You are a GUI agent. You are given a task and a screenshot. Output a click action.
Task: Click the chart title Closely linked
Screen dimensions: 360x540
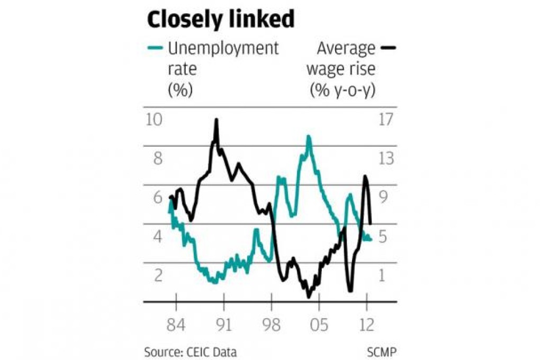coord(220,20)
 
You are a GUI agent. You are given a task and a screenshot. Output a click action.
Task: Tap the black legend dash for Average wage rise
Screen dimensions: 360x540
coord(388,48)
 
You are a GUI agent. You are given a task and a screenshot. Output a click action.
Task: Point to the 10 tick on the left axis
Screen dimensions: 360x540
coord(154,120)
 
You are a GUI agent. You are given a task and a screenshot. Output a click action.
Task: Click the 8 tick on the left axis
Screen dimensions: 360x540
coord(157,158)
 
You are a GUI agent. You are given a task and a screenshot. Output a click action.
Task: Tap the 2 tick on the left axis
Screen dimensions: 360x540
coord(157,275)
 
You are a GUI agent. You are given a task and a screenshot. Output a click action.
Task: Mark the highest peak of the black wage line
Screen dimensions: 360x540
coord(216,121)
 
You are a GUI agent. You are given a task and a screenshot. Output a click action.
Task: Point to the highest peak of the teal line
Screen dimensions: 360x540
coord(308,137)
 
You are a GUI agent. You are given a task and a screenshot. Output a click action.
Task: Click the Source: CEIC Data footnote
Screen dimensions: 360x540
coord(190,352)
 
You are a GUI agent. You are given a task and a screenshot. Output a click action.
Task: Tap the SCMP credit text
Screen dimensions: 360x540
coord(381,352)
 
